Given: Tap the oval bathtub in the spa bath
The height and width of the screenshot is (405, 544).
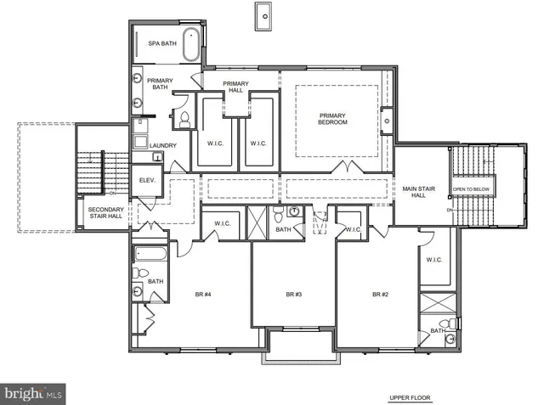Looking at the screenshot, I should click(x=192, y=44).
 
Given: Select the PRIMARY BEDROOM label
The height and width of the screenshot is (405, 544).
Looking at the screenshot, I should click(x=333, y=119).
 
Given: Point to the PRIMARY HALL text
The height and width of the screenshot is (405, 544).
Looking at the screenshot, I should click(x=235, y=87).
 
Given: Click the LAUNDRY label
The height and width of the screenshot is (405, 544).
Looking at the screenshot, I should click(x=162, y=145).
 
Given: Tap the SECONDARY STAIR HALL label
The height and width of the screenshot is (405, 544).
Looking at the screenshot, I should click(x=106, y=213).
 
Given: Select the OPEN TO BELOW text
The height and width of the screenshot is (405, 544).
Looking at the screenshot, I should click(x=470, y=188).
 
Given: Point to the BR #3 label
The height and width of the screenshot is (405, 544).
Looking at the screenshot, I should click(x=294, y=294).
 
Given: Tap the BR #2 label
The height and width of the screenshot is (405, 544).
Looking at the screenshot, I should click(x=380, y=294).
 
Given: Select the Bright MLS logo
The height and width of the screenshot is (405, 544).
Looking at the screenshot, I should click(x=32, y=393).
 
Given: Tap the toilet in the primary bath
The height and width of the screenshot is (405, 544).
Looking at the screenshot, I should click(x=182, y=121).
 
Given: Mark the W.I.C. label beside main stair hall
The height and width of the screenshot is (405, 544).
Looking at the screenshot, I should click(x=433, y=260).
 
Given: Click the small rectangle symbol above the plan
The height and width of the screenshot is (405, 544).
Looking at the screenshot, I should click(x=263, y=14).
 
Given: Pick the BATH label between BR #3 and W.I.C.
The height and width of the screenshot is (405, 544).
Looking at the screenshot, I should click(x=284, y=229).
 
